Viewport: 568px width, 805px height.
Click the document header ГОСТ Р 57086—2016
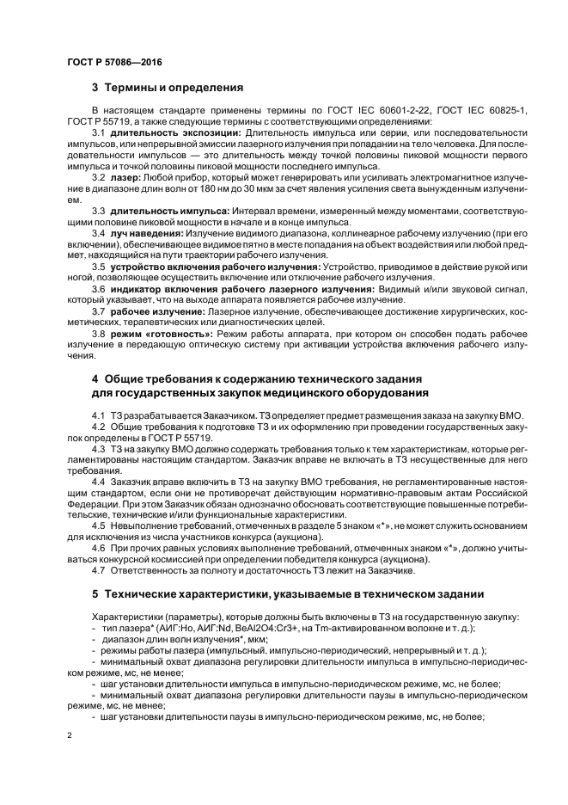pos(114,63)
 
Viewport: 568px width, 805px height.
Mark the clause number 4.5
pos(98,525)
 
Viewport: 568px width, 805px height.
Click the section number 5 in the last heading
pos(95,593)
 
